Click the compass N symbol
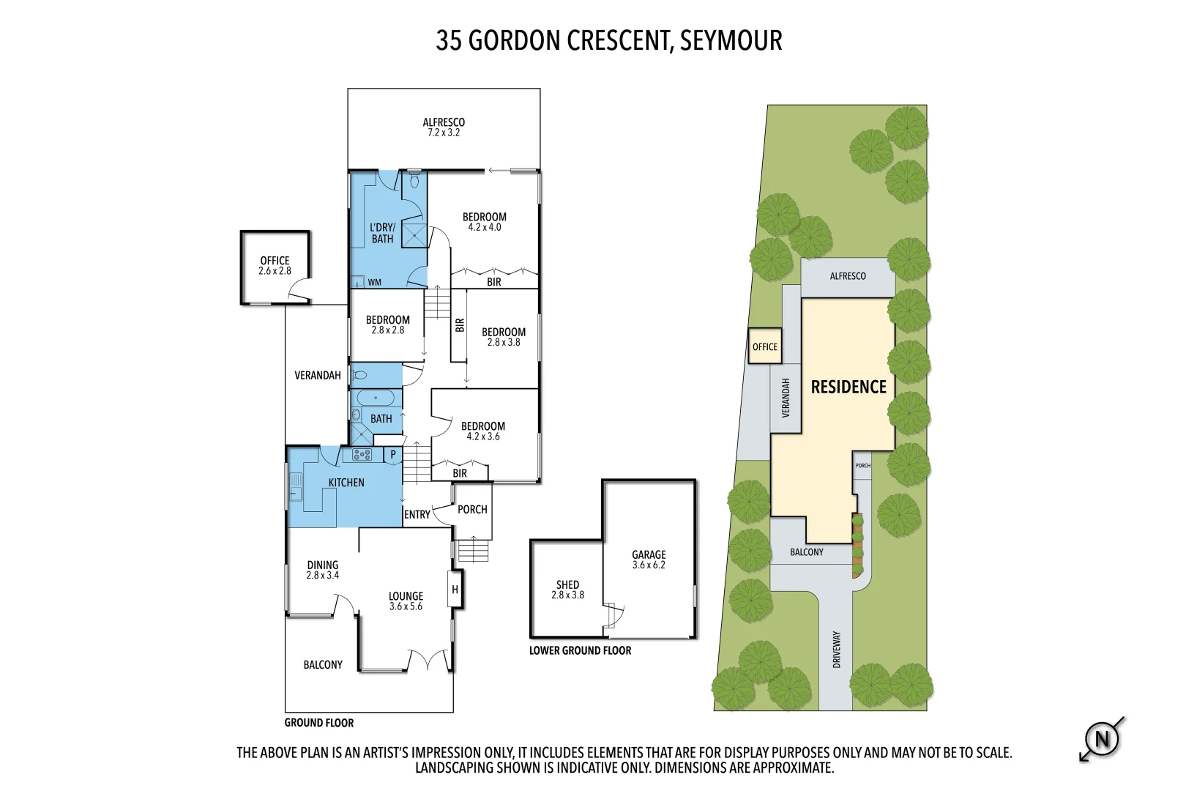point(1102,739)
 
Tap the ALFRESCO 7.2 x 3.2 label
point(444,127)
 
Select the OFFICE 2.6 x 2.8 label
point(275,265)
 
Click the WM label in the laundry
point(374,283)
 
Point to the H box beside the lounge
point(455,590)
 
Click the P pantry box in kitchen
point(393,455)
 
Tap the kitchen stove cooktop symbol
point(362,455)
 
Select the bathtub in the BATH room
point(376,398)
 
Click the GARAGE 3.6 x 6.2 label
point(649,560)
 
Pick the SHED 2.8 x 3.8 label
point(567,590)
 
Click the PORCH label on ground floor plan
point(472,510)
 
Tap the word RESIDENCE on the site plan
point(849,387)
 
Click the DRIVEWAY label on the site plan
point(836,649)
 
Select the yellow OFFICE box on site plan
point(765,346)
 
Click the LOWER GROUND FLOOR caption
point(580,650)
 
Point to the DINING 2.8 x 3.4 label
point(323,570)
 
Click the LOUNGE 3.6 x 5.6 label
point(406,601)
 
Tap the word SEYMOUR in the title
point(731,40)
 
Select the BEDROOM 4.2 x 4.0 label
point(484,222)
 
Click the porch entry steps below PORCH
point(473,550)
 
